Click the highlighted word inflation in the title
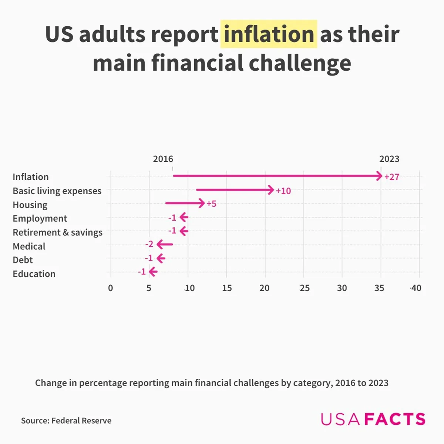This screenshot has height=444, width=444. click(269, 34)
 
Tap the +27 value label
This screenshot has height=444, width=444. click(392, 177)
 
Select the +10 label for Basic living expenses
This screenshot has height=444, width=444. click(283, 191)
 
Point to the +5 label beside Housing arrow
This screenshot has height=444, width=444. click(211, 204)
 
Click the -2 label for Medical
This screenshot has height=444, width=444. click(149, 244)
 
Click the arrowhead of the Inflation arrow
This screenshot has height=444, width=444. click(379, 176)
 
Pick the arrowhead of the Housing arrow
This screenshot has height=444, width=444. click(201, 203)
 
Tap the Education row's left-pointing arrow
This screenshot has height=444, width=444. click(153, 272)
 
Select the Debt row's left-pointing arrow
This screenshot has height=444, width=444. click(161, 258)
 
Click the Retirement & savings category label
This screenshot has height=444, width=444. click(57, 232)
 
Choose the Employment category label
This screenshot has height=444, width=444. click(40, 218)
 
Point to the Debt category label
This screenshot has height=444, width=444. click(23, 260)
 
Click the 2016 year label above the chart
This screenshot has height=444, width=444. click(163, 159)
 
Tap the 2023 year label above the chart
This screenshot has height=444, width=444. click(389, 159)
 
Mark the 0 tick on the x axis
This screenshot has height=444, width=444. click(110, 288)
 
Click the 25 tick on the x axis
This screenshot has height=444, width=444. click(305, 288)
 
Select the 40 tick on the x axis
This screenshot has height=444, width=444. click(416, 288)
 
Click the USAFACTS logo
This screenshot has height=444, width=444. click(373, 419)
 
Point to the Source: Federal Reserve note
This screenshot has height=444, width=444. click(66, 421)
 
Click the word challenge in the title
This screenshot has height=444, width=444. click(300, 63)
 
